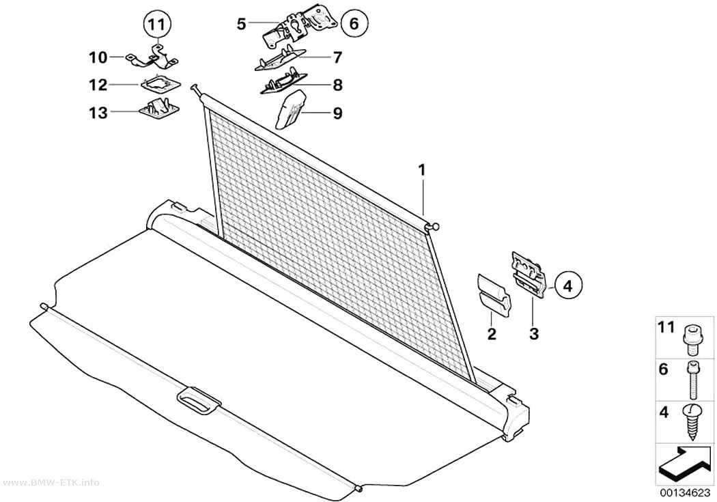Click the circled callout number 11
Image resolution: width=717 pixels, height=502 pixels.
(156, 25)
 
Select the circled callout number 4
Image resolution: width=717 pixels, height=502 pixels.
(567, 286)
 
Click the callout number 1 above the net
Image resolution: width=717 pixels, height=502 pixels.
(421, 170)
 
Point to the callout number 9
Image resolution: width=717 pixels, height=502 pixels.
(337, 113)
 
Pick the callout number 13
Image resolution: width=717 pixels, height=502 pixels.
(98, 113)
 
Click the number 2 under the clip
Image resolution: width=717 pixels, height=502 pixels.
(492, 334)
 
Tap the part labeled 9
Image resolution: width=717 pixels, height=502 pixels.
(290, 109)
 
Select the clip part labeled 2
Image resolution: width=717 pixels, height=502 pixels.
(494, 295)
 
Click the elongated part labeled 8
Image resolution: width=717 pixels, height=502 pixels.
(284, 83)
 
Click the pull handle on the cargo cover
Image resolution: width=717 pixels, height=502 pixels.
(199, 401)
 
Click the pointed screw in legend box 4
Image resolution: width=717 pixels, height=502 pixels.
(692, 421)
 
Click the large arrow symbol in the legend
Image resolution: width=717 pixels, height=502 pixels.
(685, 464)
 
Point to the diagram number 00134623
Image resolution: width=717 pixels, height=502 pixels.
(684, 493)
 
